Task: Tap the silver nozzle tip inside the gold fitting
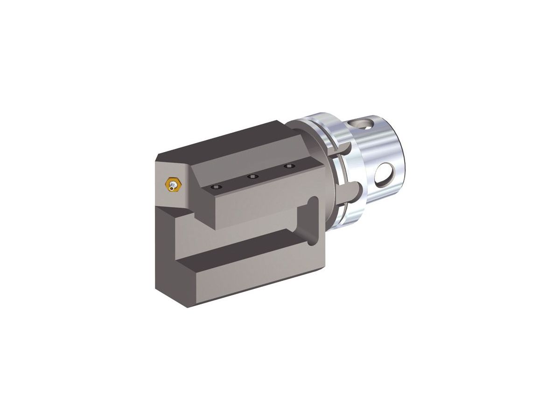point(174,186)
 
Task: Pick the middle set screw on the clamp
point(252,176)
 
